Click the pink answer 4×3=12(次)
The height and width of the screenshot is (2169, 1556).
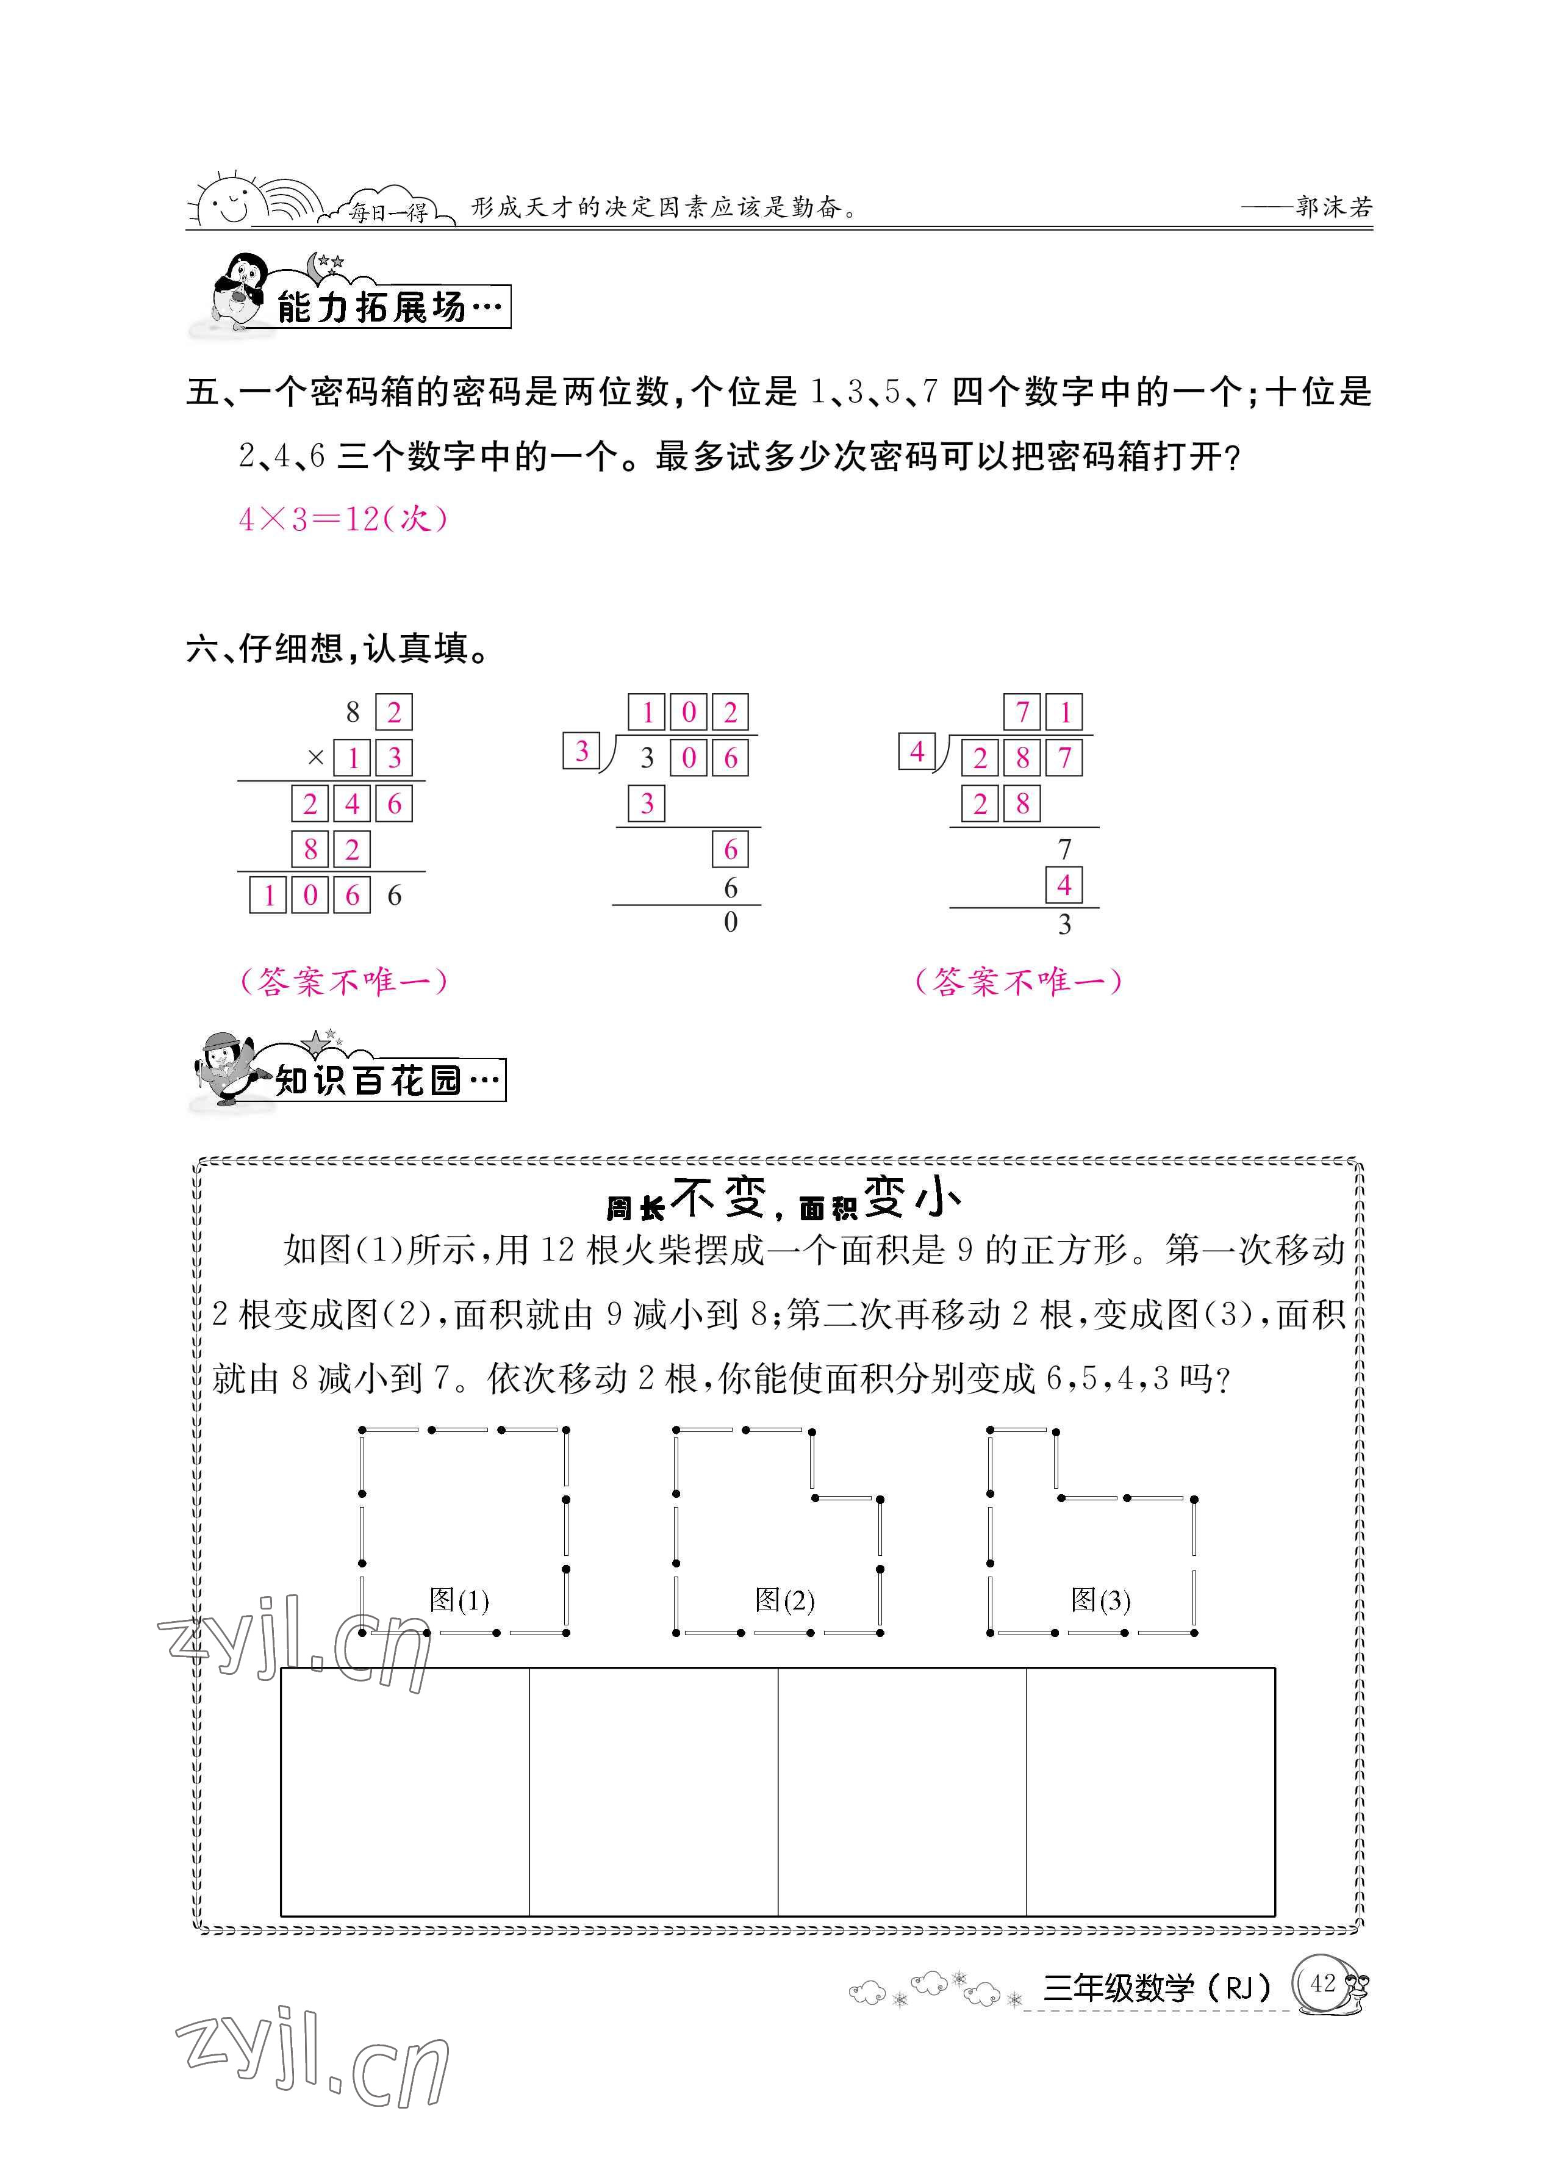pyautogui.click(x=342, y=519)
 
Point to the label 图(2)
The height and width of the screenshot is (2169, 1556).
pyautogui.click(x=784, y=1600)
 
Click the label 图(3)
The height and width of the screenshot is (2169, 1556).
pyautogui.click(x=1100, y=1600)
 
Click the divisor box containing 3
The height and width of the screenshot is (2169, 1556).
pyautogui.click(x=581, y=752)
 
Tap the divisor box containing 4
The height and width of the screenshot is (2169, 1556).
pyautogui.click(x=916, y=752)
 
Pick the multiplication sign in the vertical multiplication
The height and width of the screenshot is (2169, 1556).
pyautogui.click(x=315, y=757)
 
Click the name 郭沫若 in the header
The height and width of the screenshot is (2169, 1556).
pyautogui.click(x=1334, y=207)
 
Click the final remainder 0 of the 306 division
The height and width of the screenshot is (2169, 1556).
pyautogui.click(x=731, y=923)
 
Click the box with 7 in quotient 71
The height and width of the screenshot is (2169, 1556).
pyautogui.click(x=1022, y=713)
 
